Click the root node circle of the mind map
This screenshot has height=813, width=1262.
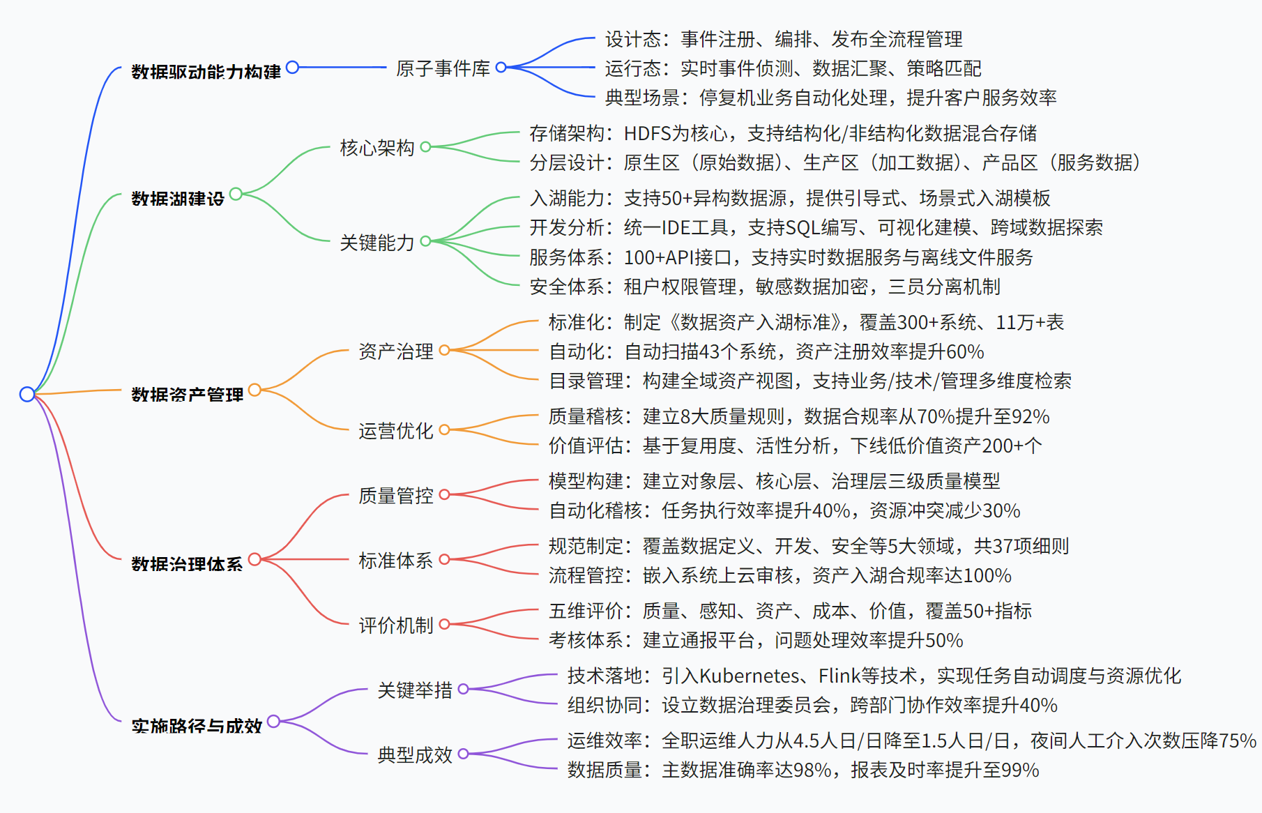27,394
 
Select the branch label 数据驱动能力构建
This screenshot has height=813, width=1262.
206,72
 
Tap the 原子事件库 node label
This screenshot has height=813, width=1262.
443,68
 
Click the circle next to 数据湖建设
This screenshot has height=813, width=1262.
236,194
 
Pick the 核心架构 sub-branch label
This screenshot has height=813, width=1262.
377,148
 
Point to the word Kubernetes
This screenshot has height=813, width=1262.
750,676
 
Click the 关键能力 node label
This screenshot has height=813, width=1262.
377,243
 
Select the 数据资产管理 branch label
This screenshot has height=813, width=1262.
187,395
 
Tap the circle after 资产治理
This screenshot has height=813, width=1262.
444,350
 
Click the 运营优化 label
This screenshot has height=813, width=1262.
395,431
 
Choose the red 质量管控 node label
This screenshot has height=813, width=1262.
395,496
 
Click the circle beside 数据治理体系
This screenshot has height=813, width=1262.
254,559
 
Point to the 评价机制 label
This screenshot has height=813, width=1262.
395,625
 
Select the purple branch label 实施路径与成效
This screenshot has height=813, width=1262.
197,726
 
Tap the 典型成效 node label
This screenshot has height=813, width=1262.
414,755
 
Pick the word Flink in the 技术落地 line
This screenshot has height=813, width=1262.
839,676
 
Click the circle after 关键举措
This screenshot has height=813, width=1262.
463,689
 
